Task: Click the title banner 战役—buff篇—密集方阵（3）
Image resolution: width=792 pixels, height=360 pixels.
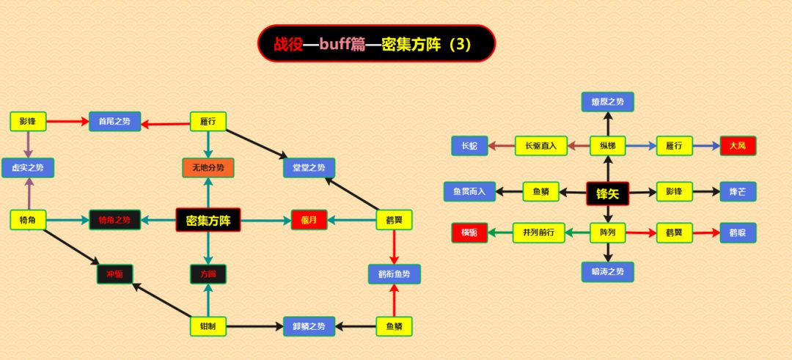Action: pyautogui.click(x=376, y=44)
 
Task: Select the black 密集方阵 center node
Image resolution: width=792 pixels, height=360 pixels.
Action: pyautogui.click(x=208, y=219)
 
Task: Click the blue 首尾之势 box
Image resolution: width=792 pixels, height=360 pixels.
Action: pyautogui.click(x=114, y=122)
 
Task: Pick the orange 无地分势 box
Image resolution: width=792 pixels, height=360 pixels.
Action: pyautogui.click(x=208, y=167)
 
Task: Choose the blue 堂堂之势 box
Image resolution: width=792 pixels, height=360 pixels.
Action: pyautogui.click(x=309, y=167)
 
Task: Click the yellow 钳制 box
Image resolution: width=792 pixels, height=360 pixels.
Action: pyautogui.click(x=208, y=326)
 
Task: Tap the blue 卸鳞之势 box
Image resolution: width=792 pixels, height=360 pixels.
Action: pyautogui.click(x=309, y=326)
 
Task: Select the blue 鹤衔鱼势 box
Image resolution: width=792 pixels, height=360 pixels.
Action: pyautogui.click(x=394, y=274)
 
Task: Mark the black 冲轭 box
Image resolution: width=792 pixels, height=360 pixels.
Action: pyautogui.click(x=115, y=274)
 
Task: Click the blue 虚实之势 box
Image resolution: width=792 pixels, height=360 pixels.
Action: pyautogui.click(x=28, y=167)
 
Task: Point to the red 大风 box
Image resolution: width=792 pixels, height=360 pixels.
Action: pyautogui.click(x=737, y=146)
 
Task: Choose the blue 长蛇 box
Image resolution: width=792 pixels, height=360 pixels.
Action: pyautogui.click(x=469, y=146)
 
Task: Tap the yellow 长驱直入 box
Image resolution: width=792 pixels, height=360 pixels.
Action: pyautogui.click(x=541, y=146)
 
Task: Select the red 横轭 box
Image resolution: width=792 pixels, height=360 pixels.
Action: pyautogui.click(x=469, y=232)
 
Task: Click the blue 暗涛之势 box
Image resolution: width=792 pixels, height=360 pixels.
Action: pyautogui.click(x=607, y=272)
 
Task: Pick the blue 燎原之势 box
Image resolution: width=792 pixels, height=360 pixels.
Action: pyautogui.click(x=607, y=102)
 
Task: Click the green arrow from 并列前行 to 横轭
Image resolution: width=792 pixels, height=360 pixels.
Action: pyautogui.click(x=500, y=233)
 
